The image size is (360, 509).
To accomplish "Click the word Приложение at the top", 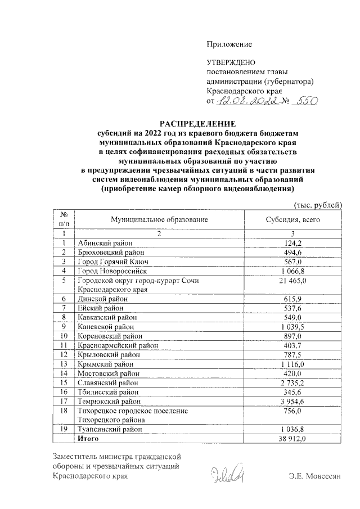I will point(229,44).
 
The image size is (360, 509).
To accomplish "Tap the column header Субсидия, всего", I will point(292,219).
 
